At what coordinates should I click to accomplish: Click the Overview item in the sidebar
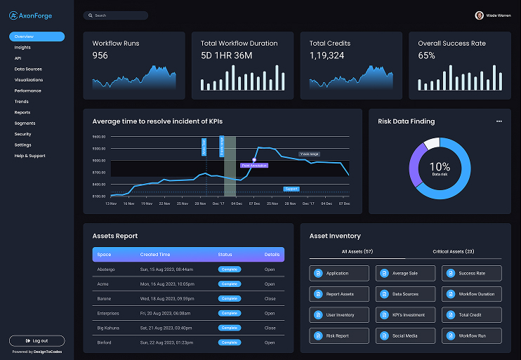pyautogui.click(x=37, y=36)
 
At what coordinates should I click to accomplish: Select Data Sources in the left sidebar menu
pyautogui.click(x=28, y=69)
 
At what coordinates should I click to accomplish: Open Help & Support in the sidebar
pyautogui.click(x=29, y=156)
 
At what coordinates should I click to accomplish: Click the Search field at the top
pyautogui.click(x=115, y=15)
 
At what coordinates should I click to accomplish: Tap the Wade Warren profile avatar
pyautogui.click(x=479, y=15)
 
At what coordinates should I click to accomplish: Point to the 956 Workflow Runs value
pyautogui.click(x=100, y=55)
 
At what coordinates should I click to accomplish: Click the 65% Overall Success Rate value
pyautogui.click(x=426, y=55)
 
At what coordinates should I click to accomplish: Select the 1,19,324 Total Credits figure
pyautogui.click(x=327, y=55)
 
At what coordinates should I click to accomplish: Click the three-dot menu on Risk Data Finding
pyautogui.click(x=499, y=121)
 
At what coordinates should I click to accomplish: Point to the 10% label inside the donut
pyautogui.click(x=440, y=166)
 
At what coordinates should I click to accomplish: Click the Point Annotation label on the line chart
pyautogui.click(x=254, y=166)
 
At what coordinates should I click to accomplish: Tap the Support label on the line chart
pyautogui.click(x=291, y=189)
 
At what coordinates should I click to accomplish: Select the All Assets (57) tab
pyautogui.click(x=357, y=251)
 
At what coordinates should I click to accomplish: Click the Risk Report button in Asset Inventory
pyautogui.click(x=339, y=336)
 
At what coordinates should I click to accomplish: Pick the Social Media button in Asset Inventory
pyautogui.click(x=405, y=336)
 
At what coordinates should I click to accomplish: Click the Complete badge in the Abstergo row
pyautogui.click(x=229, y=269)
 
